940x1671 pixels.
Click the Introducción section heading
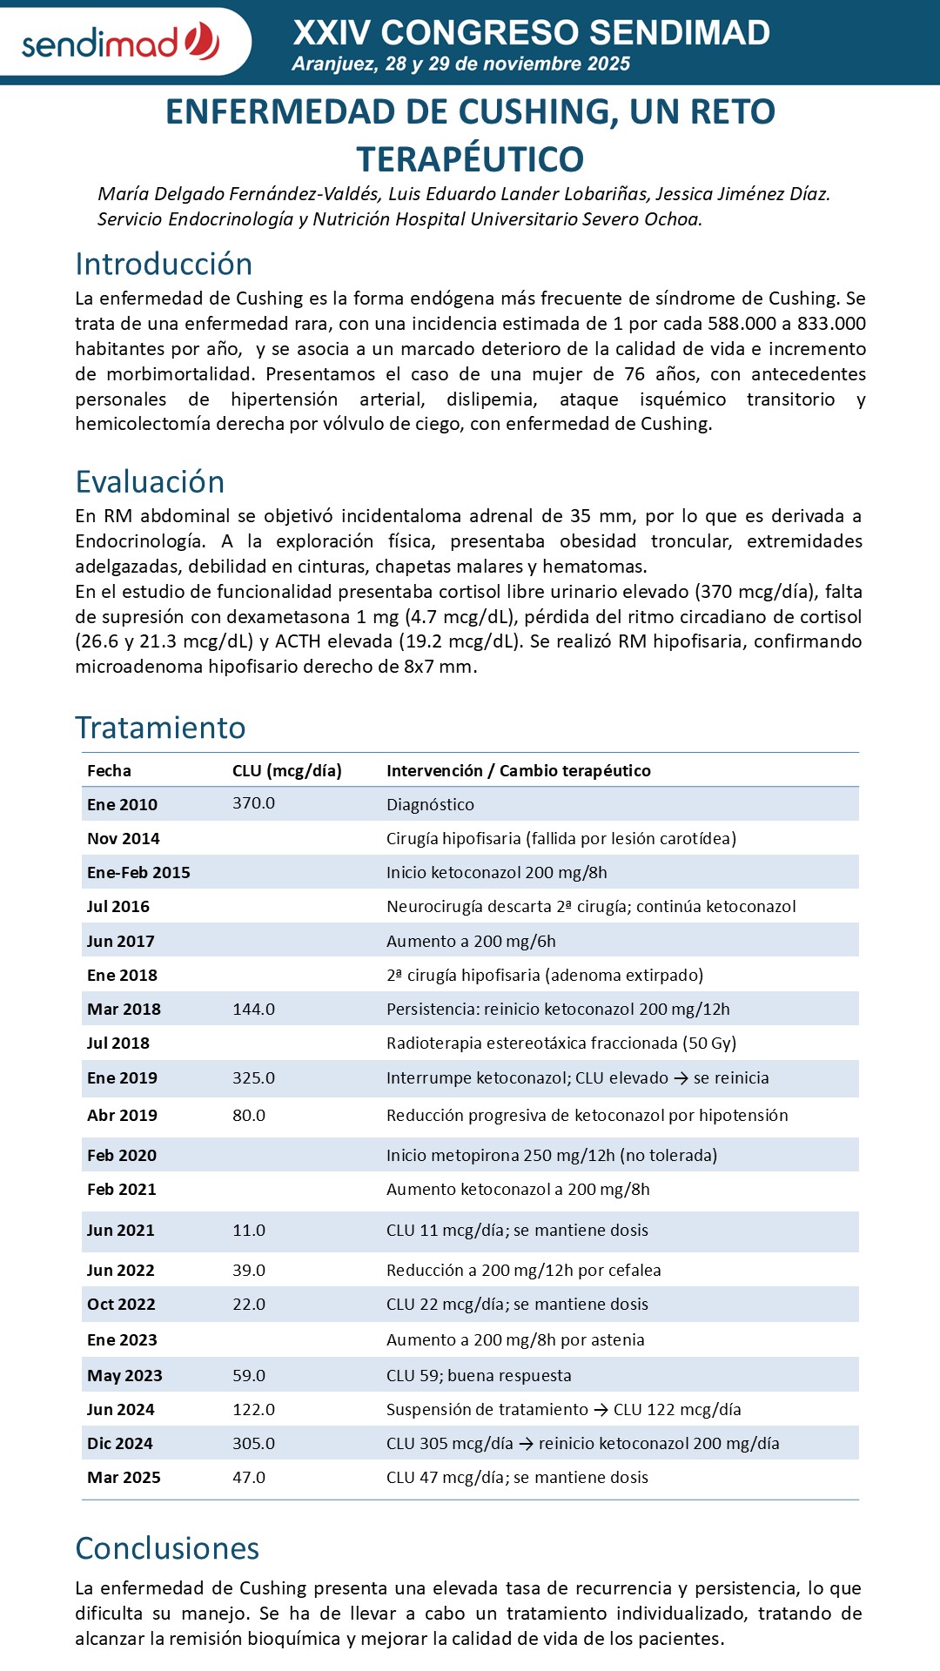click(164, 265)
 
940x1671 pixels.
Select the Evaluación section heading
click(150, 482)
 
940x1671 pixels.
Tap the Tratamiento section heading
click(160, 728)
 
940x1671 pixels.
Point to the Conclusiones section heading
click(167, 1548)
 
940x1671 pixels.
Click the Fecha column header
click(109, 770)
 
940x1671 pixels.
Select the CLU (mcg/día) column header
click(286, 770)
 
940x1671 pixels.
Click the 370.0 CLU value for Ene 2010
click(253, 803)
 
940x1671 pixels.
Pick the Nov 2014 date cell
click(124, 839)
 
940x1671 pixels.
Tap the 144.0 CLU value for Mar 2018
click(253, 1010)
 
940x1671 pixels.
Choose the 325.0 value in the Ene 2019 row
click(253, 1078)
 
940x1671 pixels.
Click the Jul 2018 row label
click(118, 1044)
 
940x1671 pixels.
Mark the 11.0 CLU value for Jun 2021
click(249, 1231)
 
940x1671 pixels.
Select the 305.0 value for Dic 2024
click(253, 1444)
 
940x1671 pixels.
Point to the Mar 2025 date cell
click(124, 1478)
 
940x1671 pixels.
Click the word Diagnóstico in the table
click(430, 805)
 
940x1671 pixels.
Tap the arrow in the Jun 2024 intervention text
click(601, 1410)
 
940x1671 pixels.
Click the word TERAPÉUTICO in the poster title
click(470, 159)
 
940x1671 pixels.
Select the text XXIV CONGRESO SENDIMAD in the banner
click(531, 33)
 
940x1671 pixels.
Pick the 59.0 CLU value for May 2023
click(249, 1376)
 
